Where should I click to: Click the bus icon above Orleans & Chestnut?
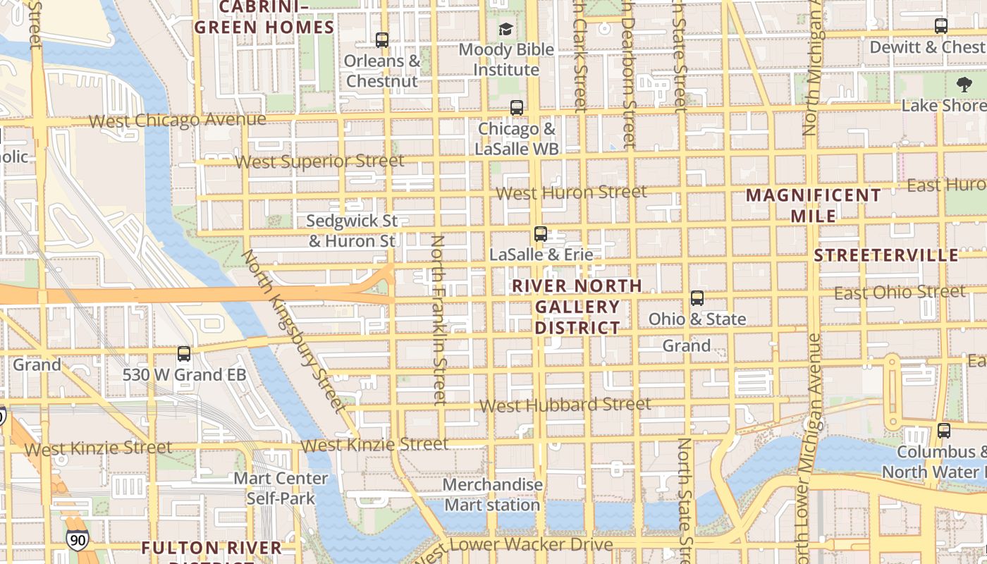point(382,40)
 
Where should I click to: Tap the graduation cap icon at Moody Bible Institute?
point(505,29)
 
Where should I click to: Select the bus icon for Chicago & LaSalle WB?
point(517,108)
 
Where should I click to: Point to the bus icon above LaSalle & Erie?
point(541,234)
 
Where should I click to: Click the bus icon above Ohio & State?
point(697,298)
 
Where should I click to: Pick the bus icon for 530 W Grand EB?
point(184,354)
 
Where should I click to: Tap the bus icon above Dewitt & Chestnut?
point(941,26)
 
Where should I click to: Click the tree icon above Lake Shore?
point(964,85)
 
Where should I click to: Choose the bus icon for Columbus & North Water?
point(944,430)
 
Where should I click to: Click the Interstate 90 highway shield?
point(78,540)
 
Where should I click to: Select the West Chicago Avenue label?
point(178,121)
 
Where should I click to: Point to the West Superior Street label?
point(319,161)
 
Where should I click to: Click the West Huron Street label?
point(571,192)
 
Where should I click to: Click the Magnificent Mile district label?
point(814,205)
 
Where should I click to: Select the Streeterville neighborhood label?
point(886,255)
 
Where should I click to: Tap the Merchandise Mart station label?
point(493,495)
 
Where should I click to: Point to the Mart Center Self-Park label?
point(281,489)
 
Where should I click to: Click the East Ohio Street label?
point(900,293)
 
